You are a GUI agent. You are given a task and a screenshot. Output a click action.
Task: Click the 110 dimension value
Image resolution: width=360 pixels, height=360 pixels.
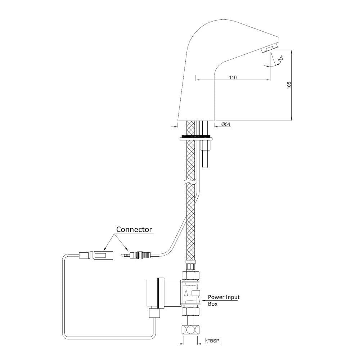[233, 77]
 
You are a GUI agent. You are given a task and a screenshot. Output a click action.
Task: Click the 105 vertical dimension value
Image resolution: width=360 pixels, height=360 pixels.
[289, 85]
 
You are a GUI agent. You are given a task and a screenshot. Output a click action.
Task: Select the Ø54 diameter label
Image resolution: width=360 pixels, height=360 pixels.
[226, 124]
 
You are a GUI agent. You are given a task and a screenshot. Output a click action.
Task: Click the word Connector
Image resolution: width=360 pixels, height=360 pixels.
[134, 229]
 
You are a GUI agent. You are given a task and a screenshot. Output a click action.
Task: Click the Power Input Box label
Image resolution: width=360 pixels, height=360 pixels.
[224, 300]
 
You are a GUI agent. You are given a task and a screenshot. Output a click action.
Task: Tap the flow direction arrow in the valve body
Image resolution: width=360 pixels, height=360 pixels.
[186, 292]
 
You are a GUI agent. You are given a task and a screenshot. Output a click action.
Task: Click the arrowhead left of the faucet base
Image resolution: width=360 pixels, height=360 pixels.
[176, 126]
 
